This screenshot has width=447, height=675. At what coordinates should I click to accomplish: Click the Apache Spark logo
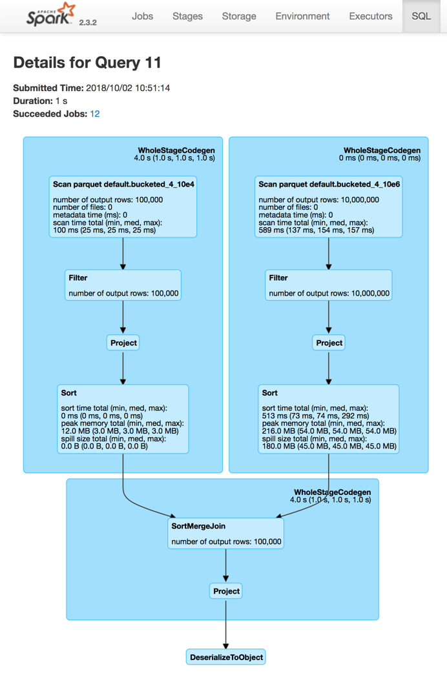51,15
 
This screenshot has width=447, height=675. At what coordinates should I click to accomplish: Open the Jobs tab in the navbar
142,16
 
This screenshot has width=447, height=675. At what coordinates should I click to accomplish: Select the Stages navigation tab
187,16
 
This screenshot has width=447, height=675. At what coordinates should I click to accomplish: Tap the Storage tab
239,16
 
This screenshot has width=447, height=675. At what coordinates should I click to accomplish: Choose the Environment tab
302,16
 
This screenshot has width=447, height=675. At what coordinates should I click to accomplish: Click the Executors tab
370,16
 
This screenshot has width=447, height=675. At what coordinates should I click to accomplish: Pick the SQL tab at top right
421,16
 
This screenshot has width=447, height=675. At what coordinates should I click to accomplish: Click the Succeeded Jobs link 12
95,114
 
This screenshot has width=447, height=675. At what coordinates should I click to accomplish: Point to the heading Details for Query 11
87,63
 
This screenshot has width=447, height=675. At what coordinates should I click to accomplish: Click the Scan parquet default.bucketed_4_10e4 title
123,184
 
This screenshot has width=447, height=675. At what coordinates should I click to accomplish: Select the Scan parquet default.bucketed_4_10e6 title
329,184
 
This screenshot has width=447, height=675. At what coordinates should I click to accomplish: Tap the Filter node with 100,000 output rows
123,285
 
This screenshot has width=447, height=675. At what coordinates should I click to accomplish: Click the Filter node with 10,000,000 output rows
329,285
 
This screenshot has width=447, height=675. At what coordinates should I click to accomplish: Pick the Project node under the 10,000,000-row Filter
329,343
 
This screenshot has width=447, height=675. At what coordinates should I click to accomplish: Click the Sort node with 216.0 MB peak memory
329,419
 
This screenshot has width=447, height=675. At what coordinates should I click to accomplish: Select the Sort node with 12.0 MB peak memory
123,419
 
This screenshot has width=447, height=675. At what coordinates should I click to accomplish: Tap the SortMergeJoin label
198,526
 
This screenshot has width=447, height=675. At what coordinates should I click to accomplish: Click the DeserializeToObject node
226,658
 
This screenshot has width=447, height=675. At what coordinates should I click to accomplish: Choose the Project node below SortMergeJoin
226,590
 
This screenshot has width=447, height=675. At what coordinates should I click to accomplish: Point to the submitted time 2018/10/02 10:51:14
128,88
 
